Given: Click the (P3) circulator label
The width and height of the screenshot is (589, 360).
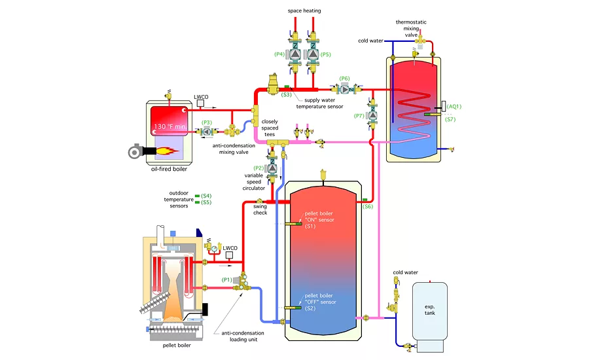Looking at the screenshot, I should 207,122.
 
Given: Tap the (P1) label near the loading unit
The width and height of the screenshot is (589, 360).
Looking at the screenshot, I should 228,279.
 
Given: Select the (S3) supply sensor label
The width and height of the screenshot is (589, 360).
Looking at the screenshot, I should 286,95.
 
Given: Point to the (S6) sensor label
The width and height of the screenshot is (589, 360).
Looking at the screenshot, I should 368,207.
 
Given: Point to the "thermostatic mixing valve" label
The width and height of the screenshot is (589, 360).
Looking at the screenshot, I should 412,30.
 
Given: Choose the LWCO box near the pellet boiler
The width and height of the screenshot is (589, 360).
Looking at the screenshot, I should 230,248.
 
